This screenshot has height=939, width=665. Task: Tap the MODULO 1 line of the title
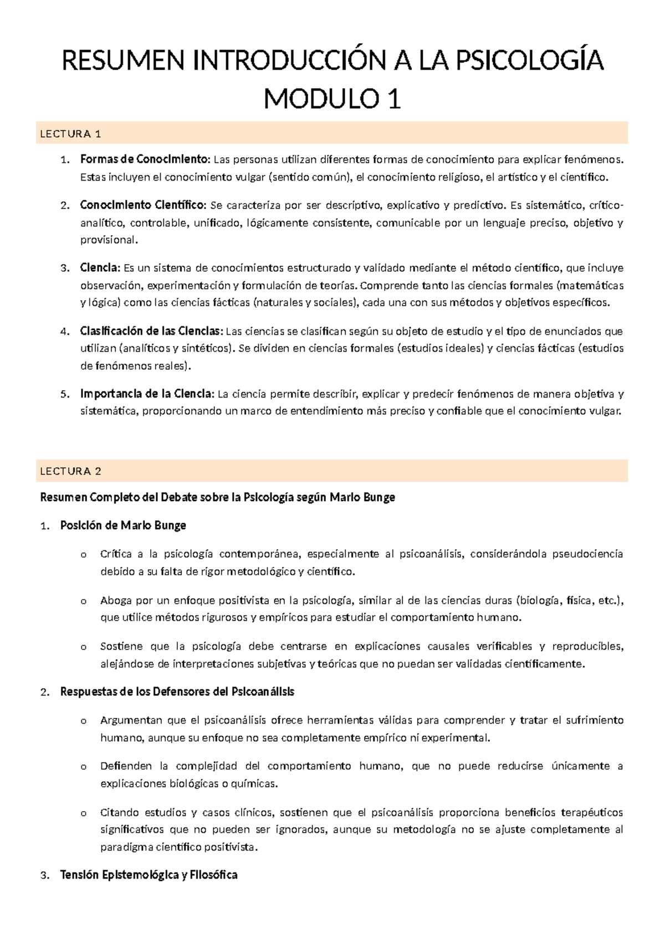pos(332,100)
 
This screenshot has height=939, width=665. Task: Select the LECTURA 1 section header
pos(70,133)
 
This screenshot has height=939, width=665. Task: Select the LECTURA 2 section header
pos(70,471)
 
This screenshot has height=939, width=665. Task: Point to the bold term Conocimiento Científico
pos(143,205)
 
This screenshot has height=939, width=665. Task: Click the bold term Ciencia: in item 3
pos(100,268)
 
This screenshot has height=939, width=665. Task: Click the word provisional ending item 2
pos(108,240)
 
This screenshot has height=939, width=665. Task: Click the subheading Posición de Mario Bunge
pos(123,525)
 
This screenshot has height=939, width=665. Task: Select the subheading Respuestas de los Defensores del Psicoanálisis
pos(177,692)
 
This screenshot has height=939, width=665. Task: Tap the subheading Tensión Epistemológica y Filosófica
pos(149,875)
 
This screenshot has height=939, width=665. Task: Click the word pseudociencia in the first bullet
pos(588,554)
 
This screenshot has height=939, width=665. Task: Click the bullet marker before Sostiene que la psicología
pos(84,647)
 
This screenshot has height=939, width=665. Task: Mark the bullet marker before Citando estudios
pos(84,813)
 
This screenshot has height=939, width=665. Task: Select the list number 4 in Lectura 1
pos(64,332)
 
